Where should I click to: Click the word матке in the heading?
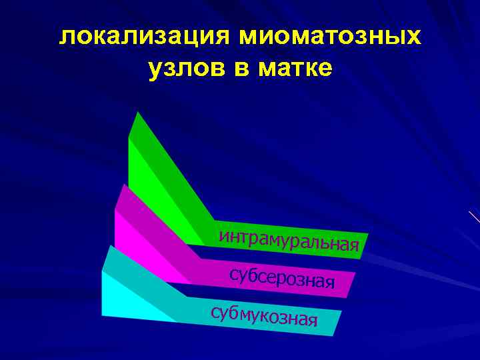point(295,68)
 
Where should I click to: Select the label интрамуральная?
point(289,241)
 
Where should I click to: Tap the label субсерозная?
point(281,278)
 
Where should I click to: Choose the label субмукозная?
point(263,316)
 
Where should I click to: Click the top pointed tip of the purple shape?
point(123,185)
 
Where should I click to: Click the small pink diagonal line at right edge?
point(475,217)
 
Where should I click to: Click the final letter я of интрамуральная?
point(355,247)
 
